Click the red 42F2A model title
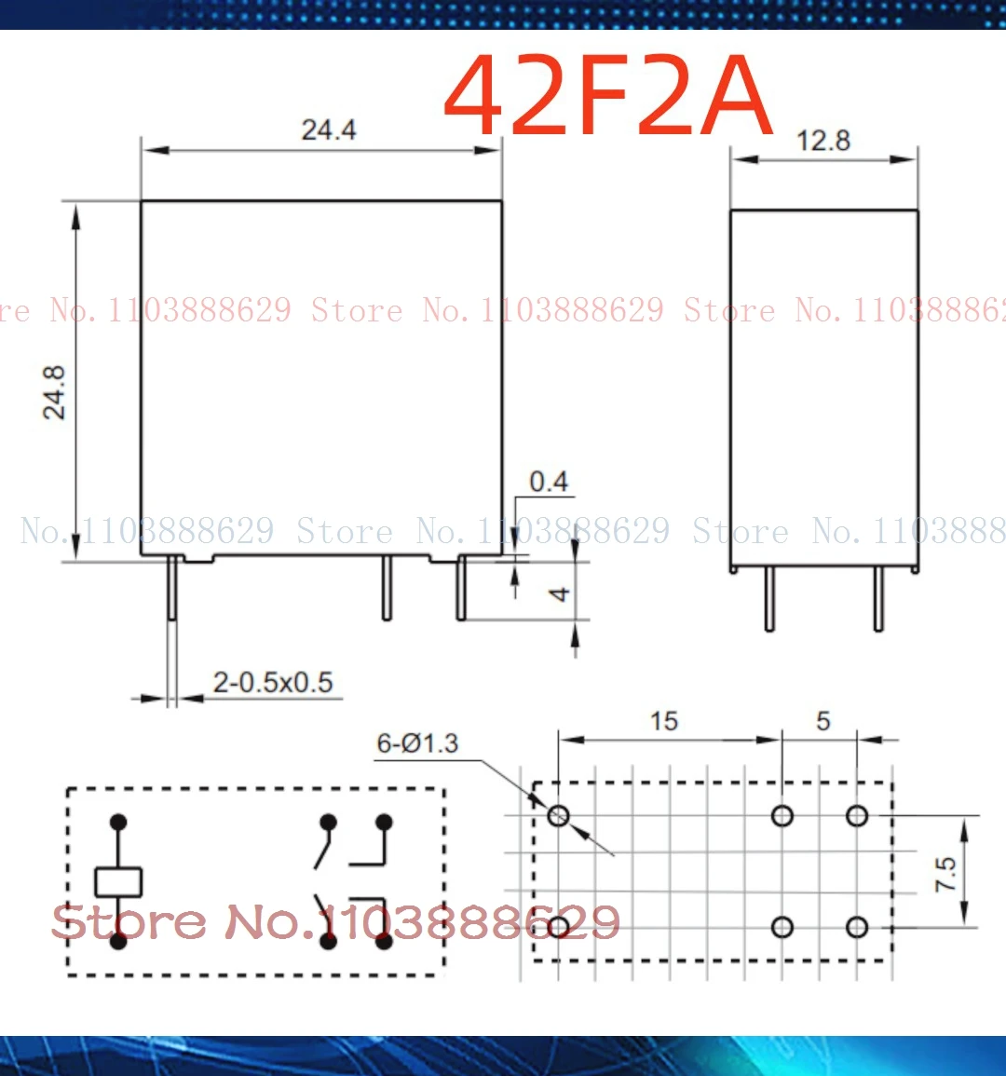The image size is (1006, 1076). click(x=608, y=96)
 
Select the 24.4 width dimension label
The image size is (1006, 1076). click(x=328, y=129)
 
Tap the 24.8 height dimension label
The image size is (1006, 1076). click(x=55, y=392)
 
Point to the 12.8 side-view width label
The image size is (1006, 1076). click(x=822, y=141)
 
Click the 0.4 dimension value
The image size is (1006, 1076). click(x=549, y=482)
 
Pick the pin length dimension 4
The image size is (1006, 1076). click(x=559, y=593)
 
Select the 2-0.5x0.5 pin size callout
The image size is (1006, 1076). click(x=272, y=682)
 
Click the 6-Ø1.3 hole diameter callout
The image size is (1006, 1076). click(x=417, y=743)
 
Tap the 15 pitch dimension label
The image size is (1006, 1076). click(x=664, y=721)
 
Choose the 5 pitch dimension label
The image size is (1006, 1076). click(x=822, y=721)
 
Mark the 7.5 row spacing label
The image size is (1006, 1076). click(x=945, y=874)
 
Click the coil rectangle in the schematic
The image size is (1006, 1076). click(x=118, y=881)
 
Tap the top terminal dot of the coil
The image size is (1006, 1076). click(x=118, y=822)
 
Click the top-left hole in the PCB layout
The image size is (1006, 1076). click(x=558, y=816)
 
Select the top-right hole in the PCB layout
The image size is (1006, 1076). click(x=857, y=816)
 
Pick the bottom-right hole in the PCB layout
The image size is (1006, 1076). click(x=857, y=927)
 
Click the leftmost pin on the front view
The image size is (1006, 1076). click(x=172, y=589)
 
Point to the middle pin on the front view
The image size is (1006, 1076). click(x=387, y=589)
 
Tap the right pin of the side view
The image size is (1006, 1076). click(x=878, y=598)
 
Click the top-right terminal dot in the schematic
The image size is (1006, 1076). click(x=384, y=822)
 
